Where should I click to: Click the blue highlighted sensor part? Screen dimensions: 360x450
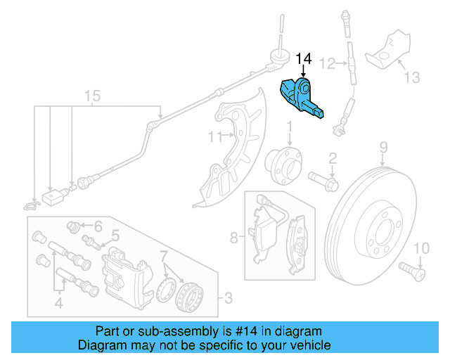tap(301, 98)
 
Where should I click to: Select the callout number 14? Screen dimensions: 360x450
tap(303, 58)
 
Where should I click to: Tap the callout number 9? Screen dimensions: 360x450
tap(384, 147)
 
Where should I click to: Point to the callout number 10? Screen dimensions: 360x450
tap(420, 247)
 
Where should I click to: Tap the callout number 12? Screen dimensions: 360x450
tap(328, 64)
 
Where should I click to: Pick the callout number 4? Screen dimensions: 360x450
tap(59, 304)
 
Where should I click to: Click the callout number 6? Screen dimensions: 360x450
tap(98, 226)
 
